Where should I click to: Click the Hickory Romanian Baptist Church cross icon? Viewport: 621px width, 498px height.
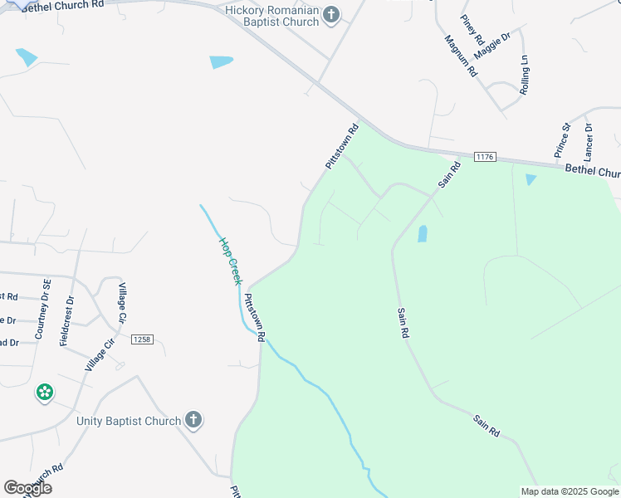pyautogui.click(x=331, y=14)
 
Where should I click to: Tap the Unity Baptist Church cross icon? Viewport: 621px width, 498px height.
pyautogui.click(x=193, y=420)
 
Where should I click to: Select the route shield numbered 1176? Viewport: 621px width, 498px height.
pyautogui.click(x=486, y=157)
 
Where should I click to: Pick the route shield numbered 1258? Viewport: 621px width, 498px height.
pyautogui.click(x=143, y=339)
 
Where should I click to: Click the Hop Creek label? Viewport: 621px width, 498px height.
pyautogui.click(x=230, y=261)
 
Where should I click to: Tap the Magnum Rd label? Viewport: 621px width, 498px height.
pyautogui.click(x=461, y=56)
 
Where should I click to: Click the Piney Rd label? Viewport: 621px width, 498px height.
pyautogui.click(x=473, y=29)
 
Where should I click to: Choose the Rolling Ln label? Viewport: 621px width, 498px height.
pyautogui.click(x=524, y=76)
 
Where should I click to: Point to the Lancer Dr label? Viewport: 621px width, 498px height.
pyautogui.click(x=589, y=142)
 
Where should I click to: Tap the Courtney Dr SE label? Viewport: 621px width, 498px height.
pyautogui.click(x=43, y=309)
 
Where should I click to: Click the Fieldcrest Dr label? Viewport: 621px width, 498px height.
pyautogui.click(x=67, y=321)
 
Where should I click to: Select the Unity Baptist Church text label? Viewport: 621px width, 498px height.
pyautogui.click(x=129, y=421)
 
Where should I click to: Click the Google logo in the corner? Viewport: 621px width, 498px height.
pyautogui.click(x=28, y=488)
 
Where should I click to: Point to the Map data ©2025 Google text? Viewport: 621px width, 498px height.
pyautogui.click(x=569, y=491)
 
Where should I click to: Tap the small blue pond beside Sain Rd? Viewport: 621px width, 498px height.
pyautogui.click(x=422, y=233)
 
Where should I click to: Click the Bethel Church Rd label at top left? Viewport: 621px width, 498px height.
pyautogui.click(x=62, y=5)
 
